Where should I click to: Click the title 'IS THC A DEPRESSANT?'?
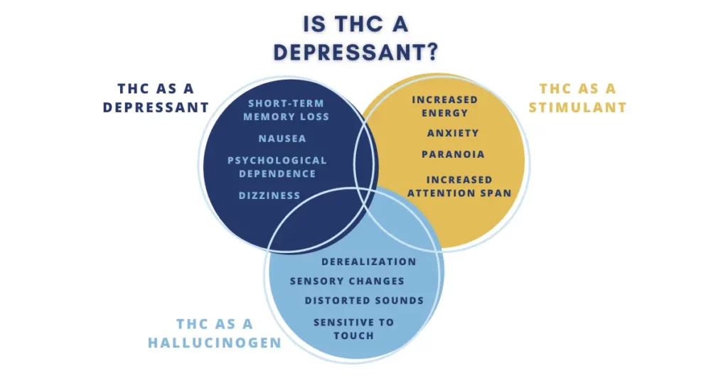click(x=355, y=38)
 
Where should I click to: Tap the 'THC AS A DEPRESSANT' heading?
click(x=156, y=98)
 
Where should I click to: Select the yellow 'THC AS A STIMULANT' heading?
click(x=577, y=98)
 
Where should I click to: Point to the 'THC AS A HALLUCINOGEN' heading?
click(x=215, y=333)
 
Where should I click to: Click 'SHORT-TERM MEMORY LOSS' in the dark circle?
click(x=286, y=110)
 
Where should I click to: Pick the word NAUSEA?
click(x=282, y=139)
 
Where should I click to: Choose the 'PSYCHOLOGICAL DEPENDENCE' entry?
click(x=277, y=167)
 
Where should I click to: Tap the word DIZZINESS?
click(x=269, y=195)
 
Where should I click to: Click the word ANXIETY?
click(x=453, y=133)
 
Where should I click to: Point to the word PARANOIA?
click(x=453, y=154)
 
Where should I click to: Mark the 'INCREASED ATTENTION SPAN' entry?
click(x=460, y=186)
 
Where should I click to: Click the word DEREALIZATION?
click(x=369, y=262)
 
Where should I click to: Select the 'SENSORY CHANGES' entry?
click(x=347, y=281)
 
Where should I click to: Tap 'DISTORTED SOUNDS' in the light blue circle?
click(x=365, y=301)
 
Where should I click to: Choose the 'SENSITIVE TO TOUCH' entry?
click(x=354, y=329)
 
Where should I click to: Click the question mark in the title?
click(x=431, y=53)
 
